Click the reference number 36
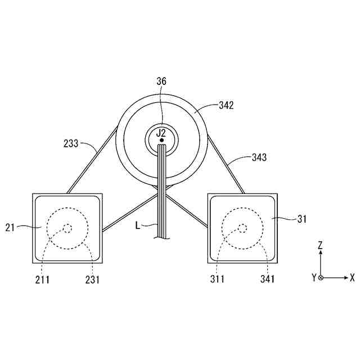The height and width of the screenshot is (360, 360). [161, 81]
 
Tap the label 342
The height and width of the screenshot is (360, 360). [226, 105]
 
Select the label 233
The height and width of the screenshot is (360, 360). [71, 143]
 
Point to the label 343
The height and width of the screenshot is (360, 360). [259, 157]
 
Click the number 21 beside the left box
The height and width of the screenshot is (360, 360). [10, 228]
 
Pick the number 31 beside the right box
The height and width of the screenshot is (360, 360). [302, 219]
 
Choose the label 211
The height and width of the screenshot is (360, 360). [43, 280]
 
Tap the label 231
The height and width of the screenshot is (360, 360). [92, 280]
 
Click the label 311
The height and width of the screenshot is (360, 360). [218, 279]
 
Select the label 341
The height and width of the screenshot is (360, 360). [268, 279]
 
